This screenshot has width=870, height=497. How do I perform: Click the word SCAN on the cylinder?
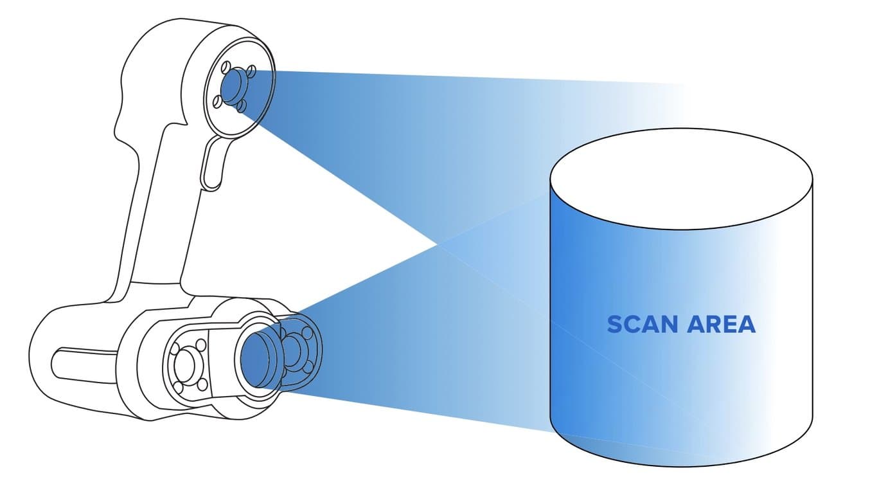[643, 325]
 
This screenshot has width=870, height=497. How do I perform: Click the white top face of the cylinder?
[681, 183]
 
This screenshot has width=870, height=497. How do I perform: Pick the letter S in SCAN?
[615, 325]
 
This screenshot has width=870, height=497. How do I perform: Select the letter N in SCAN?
[670, 325]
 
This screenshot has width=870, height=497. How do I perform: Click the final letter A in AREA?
[747, 325]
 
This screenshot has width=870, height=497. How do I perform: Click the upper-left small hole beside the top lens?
[226, 66]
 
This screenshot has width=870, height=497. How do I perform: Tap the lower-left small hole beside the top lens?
[218, 100]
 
